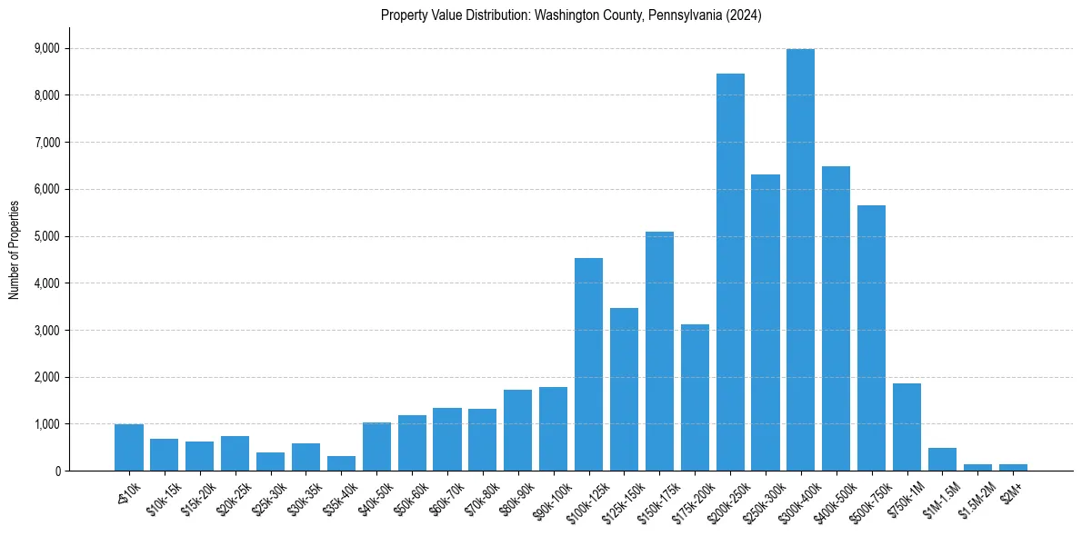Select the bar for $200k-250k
click(730, 273)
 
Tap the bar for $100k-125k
click(588, 364)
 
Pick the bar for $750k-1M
click(907, 427)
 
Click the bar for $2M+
click(1013, 467)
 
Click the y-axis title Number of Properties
click(14, 250)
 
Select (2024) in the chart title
click(740, 15)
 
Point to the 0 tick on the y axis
click(57, 471)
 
